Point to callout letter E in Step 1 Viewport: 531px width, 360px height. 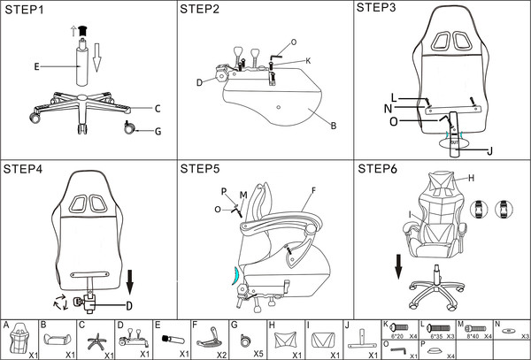click(x=36, y=65)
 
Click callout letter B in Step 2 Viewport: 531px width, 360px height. click(x=333, y=126)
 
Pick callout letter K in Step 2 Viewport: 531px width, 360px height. click(x=307, y=60)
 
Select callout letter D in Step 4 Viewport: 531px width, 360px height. click(x=128, y=307)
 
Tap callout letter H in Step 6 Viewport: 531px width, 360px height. click(x=470, y=178)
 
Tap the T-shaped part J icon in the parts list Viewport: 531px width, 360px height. click(x=362, y=337)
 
